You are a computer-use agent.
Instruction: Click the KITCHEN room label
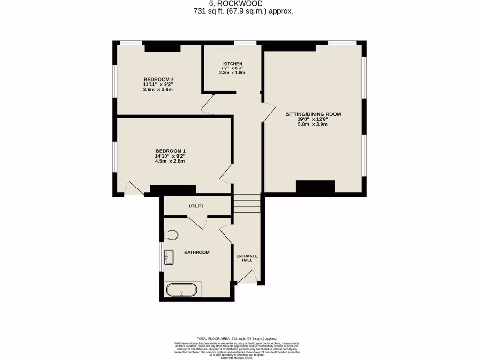pyautogui.click(x=232, y=64)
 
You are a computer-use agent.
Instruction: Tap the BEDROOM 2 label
pyautogui.click(x=158, y=79)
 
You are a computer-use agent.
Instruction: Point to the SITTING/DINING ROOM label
pyautogui.click(x=313, y=114)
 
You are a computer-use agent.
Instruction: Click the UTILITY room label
pyautogui.click(x=196, y=206)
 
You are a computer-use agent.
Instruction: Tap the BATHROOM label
pyautogui.click(x=196, y=252)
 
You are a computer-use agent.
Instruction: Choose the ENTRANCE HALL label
pyautogui.click(x=247, y=258)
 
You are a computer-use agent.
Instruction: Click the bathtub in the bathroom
pyautogui.click(x=182, y=290)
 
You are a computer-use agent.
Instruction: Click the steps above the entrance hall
pyautogui.click(x=247, y=203)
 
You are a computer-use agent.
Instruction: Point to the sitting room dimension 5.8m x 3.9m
pyautogui.click(x=313, y=124)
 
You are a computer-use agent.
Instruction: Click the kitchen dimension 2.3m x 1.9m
pyautogui.click(x=232, y=73)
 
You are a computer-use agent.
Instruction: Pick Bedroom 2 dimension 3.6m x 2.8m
pyautogui.click(x=158, y=89)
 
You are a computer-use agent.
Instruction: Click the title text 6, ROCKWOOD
pyautogui.click(x=243, y=4)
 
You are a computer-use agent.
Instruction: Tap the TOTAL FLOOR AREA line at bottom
pyautogui.click(x=237, y=338)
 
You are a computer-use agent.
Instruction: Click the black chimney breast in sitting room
pyautogui.click(x=315, y=186)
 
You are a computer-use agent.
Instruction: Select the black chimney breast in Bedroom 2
pyautogui.click(x=162, y=48)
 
